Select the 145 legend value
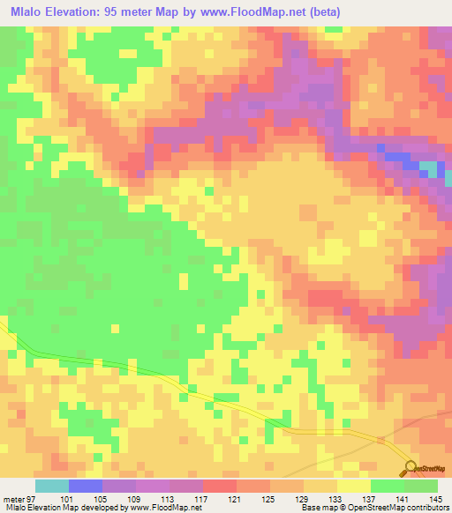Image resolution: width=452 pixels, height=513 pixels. pyautogui.click(x=436, y=499)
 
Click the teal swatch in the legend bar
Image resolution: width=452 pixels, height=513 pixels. pyautogui.click(x=52, y=487)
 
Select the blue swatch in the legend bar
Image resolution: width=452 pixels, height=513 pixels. pyautogui.click(x=86, y=487)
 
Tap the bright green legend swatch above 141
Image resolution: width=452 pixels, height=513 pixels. pyautogui.click(x=388, y=487)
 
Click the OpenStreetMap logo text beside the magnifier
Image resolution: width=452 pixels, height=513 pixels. pyautogui.click(x=433, y=471)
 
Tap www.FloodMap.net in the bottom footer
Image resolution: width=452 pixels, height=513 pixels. pyautogui.click(x=164, y=509)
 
